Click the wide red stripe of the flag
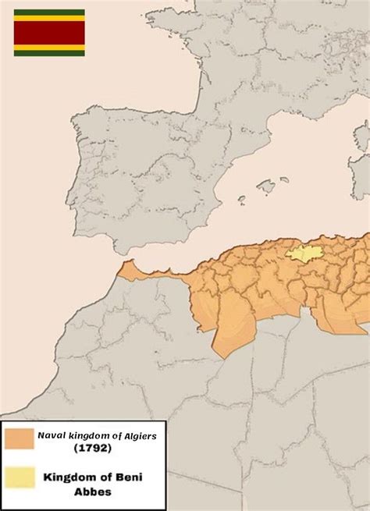[49, 32]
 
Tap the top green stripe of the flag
[49, 12]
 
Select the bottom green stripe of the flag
[49, 53]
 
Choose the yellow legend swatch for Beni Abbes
[16, 479]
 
